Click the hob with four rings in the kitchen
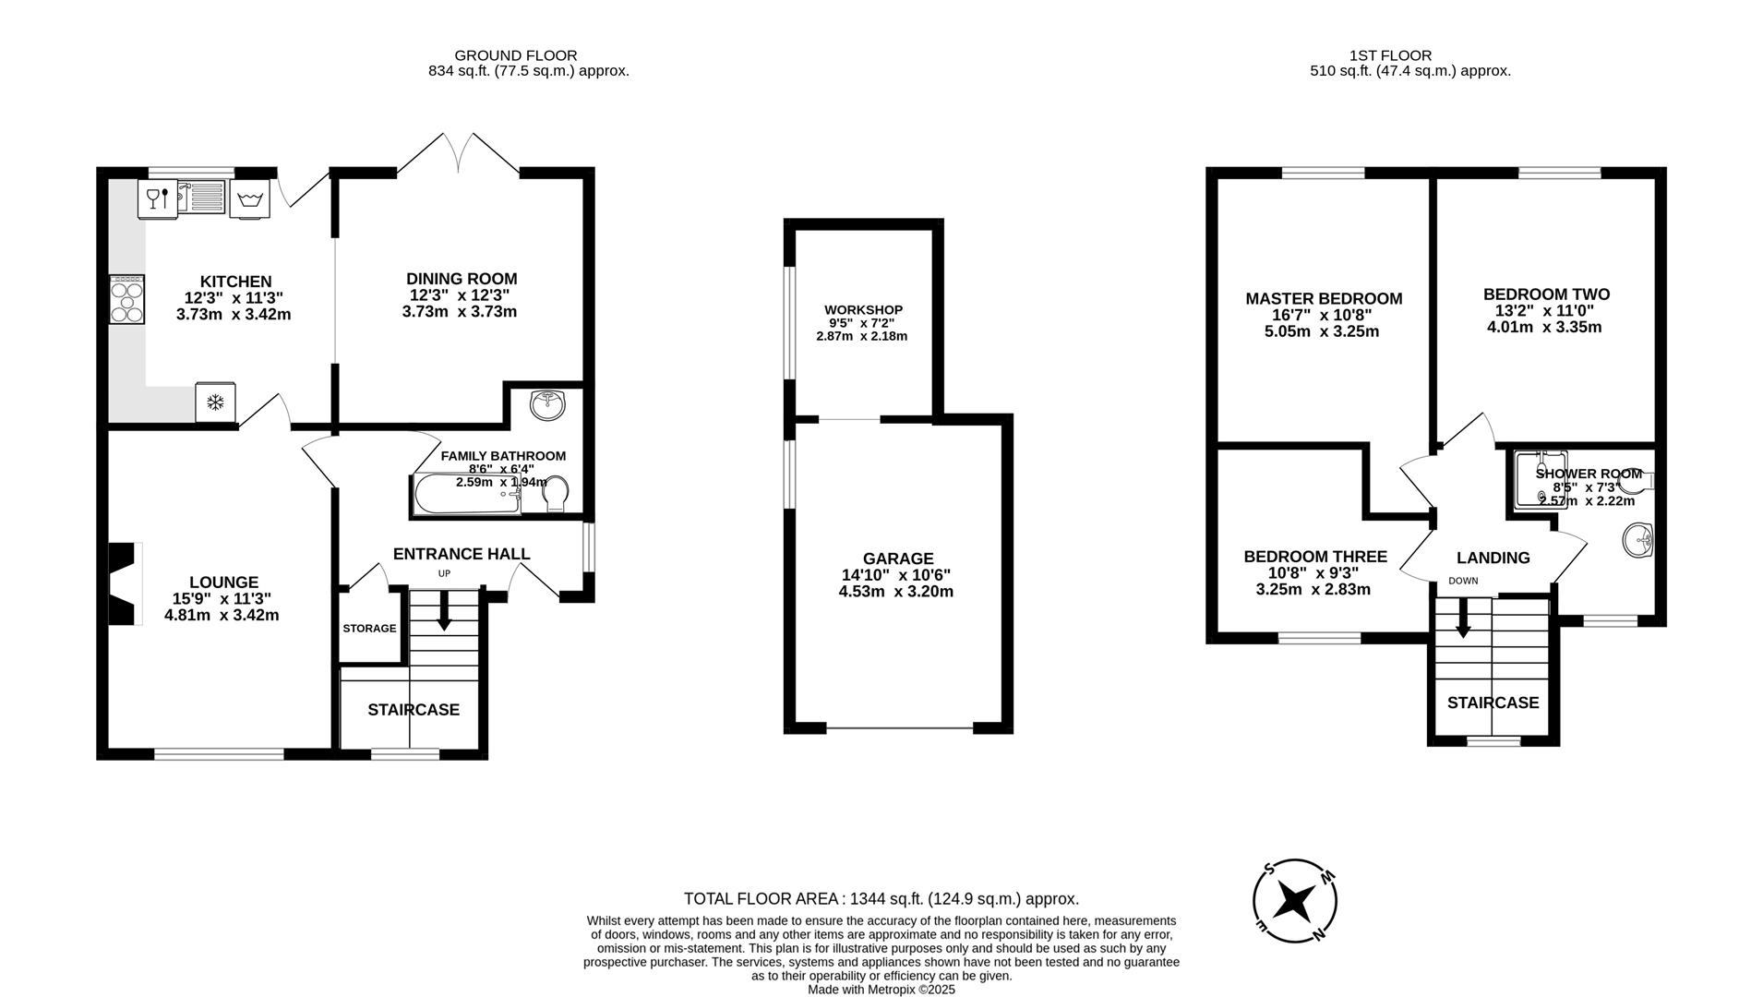[127, 300]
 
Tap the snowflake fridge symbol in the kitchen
[215, 402]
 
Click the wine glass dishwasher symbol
[157, 199]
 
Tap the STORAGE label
[369, 629]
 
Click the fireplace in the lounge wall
[124, 584]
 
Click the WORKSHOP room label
[863, 310]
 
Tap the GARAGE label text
[897, 559]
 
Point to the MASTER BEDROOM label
[1323, 299]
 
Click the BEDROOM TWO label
[1545, 294]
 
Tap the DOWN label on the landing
[1462, 581]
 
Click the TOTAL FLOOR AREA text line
[881, 898]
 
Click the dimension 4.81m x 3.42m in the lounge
[222, 615]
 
